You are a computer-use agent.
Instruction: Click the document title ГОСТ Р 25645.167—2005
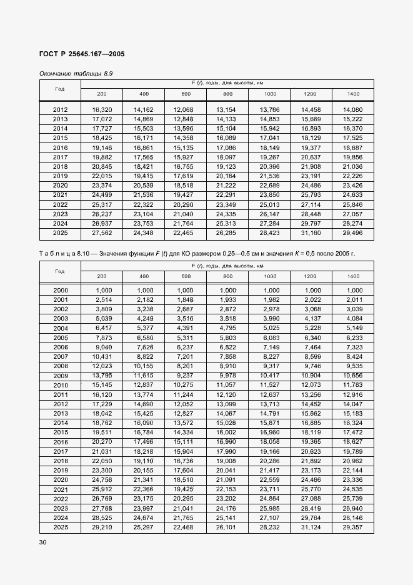[x=82, y=54]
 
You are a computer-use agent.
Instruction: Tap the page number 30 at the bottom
[x=43, y=542]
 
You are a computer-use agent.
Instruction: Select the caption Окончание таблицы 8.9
[x=76, y=74]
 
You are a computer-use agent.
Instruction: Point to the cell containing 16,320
[x=102, y=110]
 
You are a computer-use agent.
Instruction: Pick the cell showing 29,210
[x=102, y=527]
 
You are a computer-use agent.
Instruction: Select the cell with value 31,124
[x=311, y=527]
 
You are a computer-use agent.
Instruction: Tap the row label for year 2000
[x=61, y=291]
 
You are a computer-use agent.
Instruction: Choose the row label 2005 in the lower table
[x=61, y=337]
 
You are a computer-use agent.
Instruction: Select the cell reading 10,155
[x=144, y=366]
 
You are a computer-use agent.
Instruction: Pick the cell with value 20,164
[x=227, y=176]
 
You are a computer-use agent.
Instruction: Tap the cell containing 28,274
[x=352, y=224]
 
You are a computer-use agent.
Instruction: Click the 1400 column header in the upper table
[x=352, y=94]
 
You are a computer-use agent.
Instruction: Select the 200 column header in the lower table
[x=102, y=276]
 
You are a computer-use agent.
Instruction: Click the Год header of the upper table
[x=60, y=89]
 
